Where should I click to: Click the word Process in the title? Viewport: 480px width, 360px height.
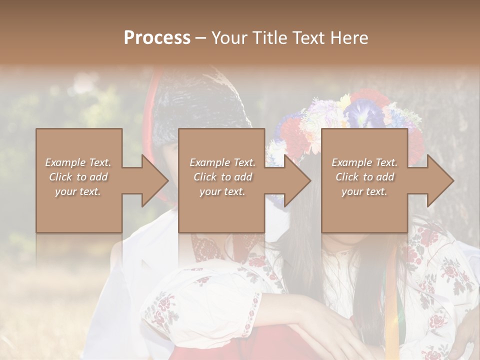click(x=157, y=37)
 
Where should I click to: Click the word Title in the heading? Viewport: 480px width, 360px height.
click(x=268, y=37)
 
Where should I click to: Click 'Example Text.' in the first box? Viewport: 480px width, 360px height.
click(x=78, y=162)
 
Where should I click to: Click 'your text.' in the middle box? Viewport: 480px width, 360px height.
click(x=222, y=191)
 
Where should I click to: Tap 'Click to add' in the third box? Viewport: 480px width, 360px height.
click(x=365, y=177)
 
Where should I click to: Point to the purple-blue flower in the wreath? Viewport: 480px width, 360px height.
click(x=363, y=112)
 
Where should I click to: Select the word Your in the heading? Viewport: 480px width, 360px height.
click(x=229, y=37)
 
